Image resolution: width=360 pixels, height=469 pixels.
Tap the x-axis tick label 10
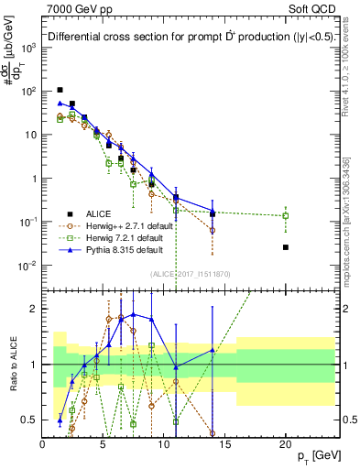coord(164,444)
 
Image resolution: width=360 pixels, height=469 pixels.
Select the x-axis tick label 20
coord(286,444)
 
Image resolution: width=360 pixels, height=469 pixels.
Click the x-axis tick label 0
coord(42,444)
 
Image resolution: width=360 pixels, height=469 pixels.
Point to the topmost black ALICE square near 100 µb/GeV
coord(60,90)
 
